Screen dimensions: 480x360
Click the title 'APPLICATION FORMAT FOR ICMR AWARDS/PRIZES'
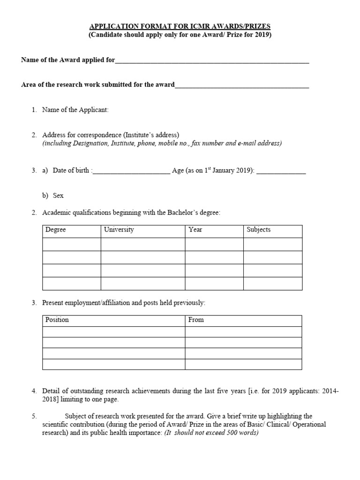[x=180, y=27]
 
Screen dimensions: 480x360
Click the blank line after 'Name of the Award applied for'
[x=212, y=60]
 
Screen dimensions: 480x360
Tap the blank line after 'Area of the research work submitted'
[x=242, y=85]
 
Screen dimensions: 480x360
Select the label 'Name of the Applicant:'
[x=75, y=110]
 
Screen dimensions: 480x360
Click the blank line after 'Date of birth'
[x=132, y=172]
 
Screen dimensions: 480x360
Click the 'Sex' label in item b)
[x=58, y=195]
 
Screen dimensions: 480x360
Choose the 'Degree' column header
[x=56, y=230]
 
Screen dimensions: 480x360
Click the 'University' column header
[x=119, y=230]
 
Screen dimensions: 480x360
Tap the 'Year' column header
[x=195, y=230]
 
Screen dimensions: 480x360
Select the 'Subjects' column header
[x=258, y=230]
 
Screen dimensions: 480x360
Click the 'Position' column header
[x=57, y=320]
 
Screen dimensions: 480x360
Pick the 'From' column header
[x=196, y=320]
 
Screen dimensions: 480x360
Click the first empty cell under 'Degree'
[x=72, y=244]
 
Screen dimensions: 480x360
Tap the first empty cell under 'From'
[x=243, y=332]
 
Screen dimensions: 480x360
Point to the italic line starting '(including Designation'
[x=162, y=143]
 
